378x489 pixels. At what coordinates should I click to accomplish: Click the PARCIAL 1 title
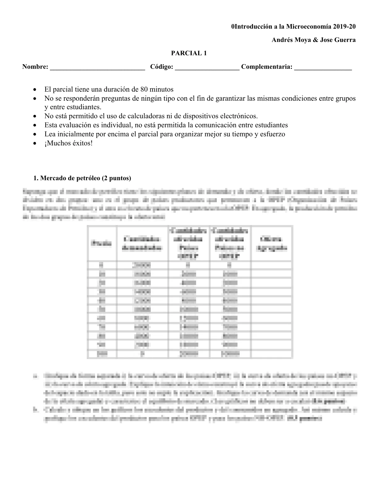click(189, 53)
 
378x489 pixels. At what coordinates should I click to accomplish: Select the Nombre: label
click(35, 67)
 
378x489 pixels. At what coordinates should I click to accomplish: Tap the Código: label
click(162, 67)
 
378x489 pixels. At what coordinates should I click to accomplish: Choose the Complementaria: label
click(267, 67)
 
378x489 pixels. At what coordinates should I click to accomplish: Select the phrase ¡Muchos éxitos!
click(68, 143)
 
